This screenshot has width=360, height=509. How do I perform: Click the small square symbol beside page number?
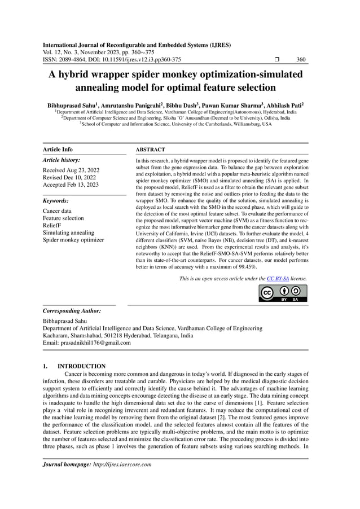pyautogui.click(x=276, y=59)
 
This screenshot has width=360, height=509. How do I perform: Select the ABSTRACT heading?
pyautogui.click(x=151, y=150)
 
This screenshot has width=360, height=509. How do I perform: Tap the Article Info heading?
pyautogui.click(x=58, y=150)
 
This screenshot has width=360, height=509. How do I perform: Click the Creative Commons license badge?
pyautogui.click(x=283, y=294)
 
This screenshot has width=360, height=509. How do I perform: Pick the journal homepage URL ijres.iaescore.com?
pyautogui.click(x=121, y=464)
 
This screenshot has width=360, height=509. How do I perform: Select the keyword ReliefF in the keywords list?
pyautogui.click(x=54, y=225)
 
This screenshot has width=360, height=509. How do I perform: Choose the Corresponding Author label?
pyautogui.click(x=72, y=311)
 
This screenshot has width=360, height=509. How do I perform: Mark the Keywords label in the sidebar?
pyautogui.click(x=56, y=200)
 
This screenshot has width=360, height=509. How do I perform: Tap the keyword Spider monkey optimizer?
pyautogui.click(x=73, y=240)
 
